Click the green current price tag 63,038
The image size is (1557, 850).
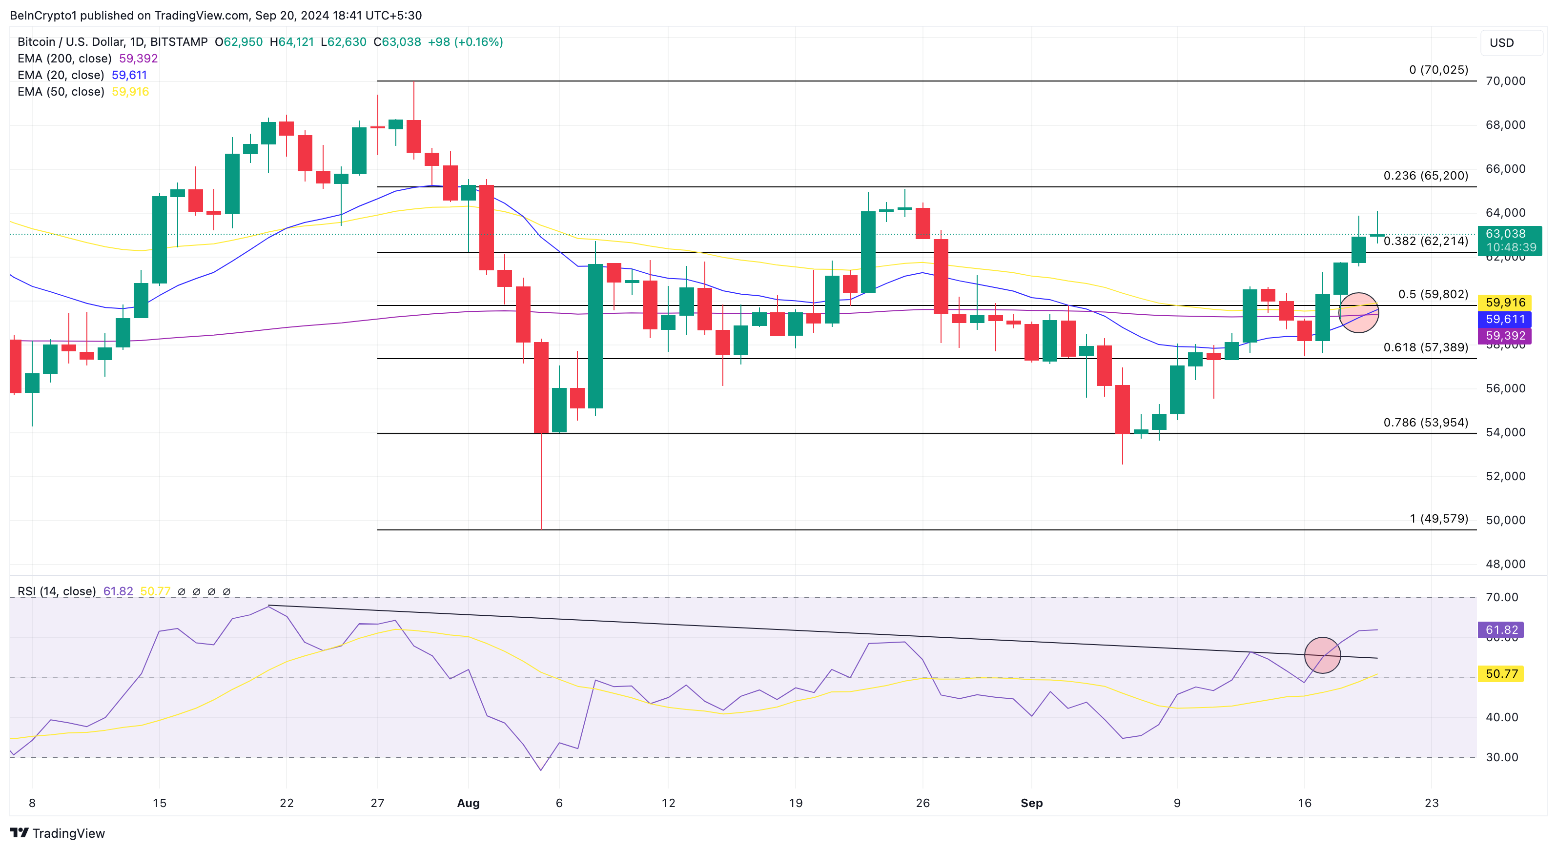pyautogui.click(x=1509, y=241)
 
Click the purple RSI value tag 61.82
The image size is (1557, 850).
pyautogui.click(x=1501, y=630)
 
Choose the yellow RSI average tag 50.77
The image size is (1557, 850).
pyautogui.click(x=1501, y=673)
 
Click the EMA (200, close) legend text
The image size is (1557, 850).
pyautogui.click(x=64, y=59)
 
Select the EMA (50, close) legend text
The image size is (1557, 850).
pyautogui.click(x=61, y=92)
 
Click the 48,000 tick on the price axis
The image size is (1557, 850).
pyautogui.click(x=1505, y=564)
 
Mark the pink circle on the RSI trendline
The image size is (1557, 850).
pyautogui.click(x=1323, y=655)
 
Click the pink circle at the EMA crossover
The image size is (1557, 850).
pyautogui.click(x=1359, y=313)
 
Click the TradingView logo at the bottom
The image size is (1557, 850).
pyautogui.click(x=58, y=833)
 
